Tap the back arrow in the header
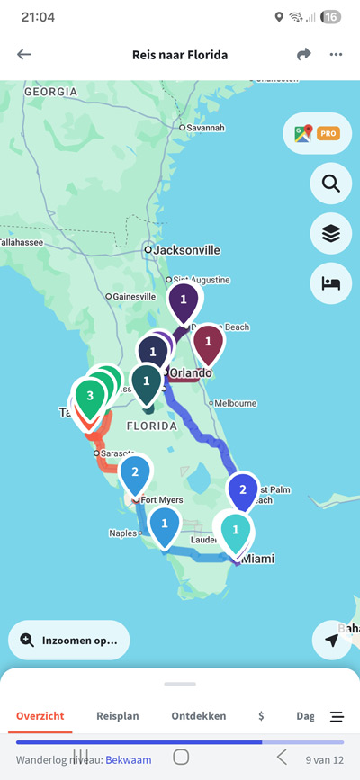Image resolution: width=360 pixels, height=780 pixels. pyautogui.click(x=24, y=55)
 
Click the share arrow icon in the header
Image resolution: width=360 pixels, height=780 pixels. pyautogui.click(x=304, y=55)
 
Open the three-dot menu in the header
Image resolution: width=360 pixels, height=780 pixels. pyautogui.click(x=336, y=55)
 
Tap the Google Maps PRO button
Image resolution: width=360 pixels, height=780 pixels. pyautogui.click(x=316, y=134)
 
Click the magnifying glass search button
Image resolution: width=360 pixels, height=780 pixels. pyautogui.click(x=330, y=184)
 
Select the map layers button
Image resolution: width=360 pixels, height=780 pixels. pyautogui.click(x=330, y=234)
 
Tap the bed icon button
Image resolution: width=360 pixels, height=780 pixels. pyautogui.click(x=330, y=283)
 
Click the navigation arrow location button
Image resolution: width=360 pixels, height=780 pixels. pyautogui.click(x=332, y=640)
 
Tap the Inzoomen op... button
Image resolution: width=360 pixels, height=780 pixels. pyautogui.click(x=69, y=641)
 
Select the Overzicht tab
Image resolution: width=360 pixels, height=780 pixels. pyautogui.click(x=40, y=716)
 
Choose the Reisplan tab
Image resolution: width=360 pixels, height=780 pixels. pyautogui.click(x=118, y=716)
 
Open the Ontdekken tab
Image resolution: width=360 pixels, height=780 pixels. pyautogui.click(x=199, y=716)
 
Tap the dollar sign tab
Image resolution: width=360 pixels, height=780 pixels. pyautogui.click(x=261, y=716)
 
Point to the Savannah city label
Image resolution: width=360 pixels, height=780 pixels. pyautogui.click(x=205, y=128)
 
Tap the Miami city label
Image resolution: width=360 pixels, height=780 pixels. pyautogui.click(x=256, y=560)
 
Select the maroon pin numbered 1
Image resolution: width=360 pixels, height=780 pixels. pyautogui.click(x=209, y=342)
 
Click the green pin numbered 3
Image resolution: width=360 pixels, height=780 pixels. pyautogui.click(x=89, y=396)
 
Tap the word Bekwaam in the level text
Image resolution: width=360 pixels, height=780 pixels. pyautogui.click(x=126, y=760)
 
